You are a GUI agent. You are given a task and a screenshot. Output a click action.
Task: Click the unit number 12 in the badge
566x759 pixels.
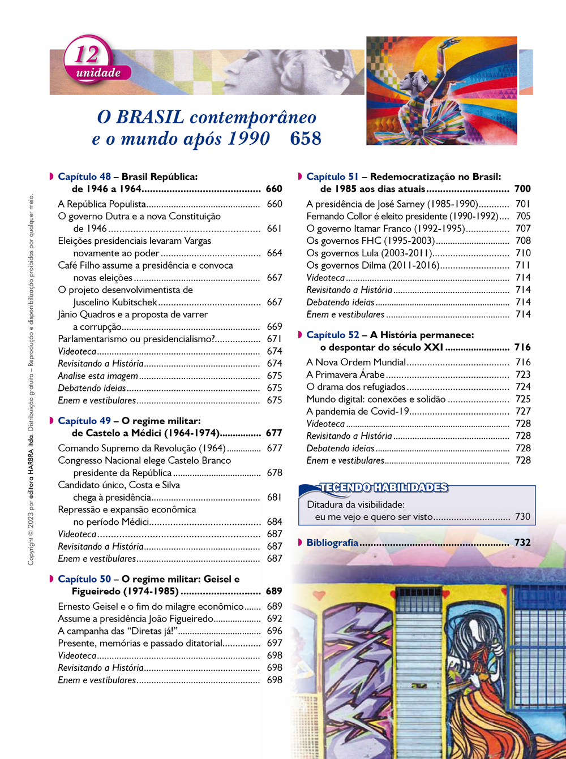[87, 54]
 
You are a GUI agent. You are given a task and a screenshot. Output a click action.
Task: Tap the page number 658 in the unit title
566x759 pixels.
[306, 139]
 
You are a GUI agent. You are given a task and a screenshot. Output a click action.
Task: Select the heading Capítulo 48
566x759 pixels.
[84, 177]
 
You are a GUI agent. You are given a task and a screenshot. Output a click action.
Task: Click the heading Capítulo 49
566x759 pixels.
[84, 421]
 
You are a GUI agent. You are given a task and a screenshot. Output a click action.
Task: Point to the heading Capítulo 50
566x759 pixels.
[84, 579]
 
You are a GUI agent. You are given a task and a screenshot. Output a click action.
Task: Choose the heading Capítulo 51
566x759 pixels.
[333, 177]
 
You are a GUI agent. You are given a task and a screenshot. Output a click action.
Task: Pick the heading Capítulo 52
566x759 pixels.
[333, 335]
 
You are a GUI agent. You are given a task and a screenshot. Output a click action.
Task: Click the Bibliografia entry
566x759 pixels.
[332, 543]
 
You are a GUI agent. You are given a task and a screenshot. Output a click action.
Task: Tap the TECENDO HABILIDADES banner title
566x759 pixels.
[383, 488]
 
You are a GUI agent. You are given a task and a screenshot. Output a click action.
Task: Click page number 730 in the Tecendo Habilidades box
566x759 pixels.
[522, 517]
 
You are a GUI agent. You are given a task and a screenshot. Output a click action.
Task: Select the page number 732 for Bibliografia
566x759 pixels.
[522, 543]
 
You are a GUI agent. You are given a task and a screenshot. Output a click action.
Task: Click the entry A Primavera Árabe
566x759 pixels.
[345, 375]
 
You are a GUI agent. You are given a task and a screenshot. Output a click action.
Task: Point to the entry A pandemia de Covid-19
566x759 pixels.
[358, 412]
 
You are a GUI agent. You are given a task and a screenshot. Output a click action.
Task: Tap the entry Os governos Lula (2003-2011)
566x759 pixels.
[369, 253]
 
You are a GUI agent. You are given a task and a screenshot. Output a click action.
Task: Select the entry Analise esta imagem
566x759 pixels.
[98, 376]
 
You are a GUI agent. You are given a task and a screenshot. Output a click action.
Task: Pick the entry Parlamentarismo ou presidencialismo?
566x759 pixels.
[136, 339]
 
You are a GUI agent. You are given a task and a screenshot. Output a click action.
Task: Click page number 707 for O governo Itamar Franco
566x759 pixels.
[523, 228]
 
